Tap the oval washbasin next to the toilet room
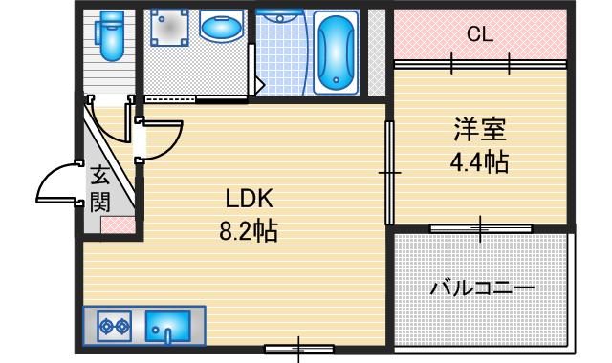pyautogui.click(x=220, y=30)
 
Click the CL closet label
pyautogui.click(x=480, y=35)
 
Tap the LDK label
pyautogui.click(x=250, y=199)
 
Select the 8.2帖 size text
pyautogui.click(x=250, y=230)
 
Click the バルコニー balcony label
pyautogui.click(x=481, y=287)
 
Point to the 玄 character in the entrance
pyautogui.click(x=100, y=176)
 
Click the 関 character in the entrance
pyautogui.click(x=100, y=202)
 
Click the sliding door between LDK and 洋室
pyautogui.click(x=389, y=172)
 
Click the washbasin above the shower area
pyautogui.click(x=280, y=16)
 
